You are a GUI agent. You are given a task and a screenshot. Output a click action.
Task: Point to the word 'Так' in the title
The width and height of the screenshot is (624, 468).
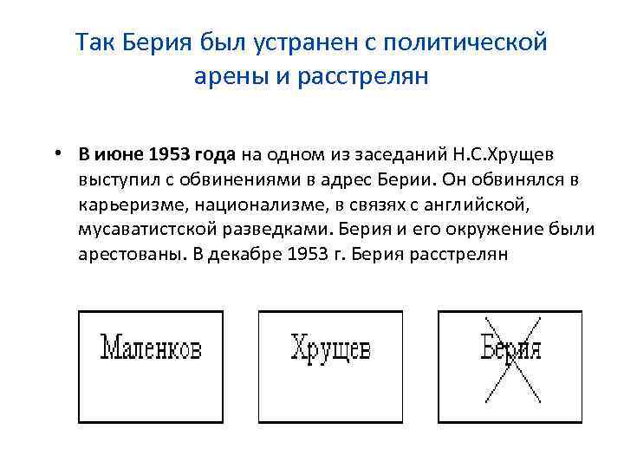click(94, 42)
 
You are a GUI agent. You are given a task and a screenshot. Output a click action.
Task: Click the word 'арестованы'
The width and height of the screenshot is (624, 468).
click(124, 256)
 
